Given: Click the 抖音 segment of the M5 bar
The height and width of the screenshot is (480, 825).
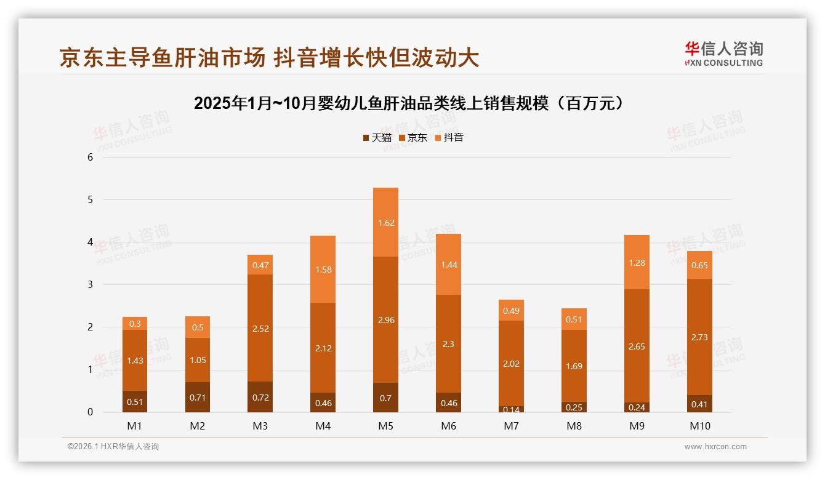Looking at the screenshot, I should [x=385, y=222].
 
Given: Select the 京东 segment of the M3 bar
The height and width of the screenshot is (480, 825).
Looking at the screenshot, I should [x=260, y=328].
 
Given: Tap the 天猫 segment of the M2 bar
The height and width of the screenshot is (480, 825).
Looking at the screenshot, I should [x=197, y=397].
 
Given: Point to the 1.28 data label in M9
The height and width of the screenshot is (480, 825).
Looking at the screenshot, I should [x=637, y=263].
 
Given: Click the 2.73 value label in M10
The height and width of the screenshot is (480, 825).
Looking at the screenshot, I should [x=699, y=337].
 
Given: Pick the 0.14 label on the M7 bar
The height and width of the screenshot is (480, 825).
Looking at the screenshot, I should [x=511, y=409].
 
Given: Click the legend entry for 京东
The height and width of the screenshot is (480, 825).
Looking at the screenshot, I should [x=413, y=138].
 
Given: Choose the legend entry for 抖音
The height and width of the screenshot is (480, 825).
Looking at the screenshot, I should [x=449, y=138].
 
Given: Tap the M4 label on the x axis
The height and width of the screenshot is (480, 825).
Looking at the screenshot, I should [x=323, y=426].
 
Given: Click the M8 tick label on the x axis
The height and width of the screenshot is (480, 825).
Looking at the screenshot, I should [x=574, y=426].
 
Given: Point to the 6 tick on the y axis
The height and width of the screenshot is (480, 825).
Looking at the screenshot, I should [x=90, y=157].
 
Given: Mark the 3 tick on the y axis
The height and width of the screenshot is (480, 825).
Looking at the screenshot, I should [x=90, y=284].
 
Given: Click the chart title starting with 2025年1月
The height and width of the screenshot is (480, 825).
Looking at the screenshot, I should [x=412, y=103].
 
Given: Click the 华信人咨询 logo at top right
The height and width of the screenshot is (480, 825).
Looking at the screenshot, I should [x=723, y=54].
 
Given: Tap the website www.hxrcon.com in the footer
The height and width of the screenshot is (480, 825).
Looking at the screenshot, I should [x=715, y=447].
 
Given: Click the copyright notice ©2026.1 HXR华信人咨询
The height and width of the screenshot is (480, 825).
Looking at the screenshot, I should [x=113, y=447].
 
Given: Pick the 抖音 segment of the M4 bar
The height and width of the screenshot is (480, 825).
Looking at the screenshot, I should [x=323, y=269].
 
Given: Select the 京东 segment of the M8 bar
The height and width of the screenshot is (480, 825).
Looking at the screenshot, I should [x=574, y=366].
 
